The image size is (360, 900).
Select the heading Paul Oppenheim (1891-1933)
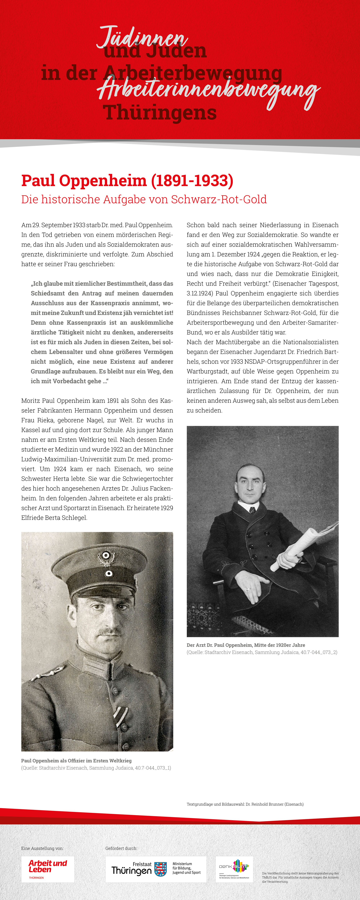click(127, 181)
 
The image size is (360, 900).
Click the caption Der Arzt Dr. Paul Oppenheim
click(246, 645)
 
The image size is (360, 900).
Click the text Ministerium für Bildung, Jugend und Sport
click(186, 868)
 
